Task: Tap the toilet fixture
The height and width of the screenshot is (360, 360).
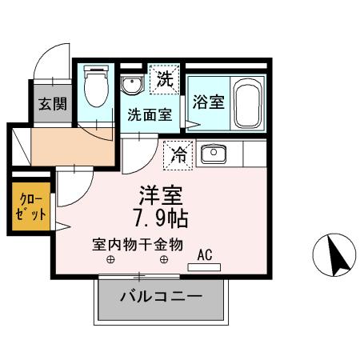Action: [x=97, y=87]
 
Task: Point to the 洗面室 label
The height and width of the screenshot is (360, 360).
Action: [x=150, y=114]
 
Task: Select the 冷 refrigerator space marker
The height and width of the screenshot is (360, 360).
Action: [x=179, y=155]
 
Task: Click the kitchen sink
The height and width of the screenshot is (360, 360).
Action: [x=214, y=154]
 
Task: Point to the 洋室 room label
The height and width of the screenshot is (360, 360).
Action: [x=162, y=195]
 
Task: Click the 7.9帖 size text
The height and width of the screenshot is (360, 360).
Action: [x=162, y=217]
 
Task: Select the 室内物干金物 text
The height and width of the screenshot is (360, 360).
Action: [x=138, y=243]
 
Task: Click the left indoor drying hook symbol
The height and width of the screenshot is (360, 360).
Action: [x=111, y=259]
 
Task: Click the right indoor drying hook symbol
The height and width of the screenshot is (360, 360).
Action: [x=164, y=259]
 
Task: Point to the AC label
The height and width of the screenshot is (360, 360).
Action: [x=205, y=254]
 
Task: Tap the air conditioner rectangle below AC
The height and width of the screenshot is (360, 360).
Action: [x=204, y=266]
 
